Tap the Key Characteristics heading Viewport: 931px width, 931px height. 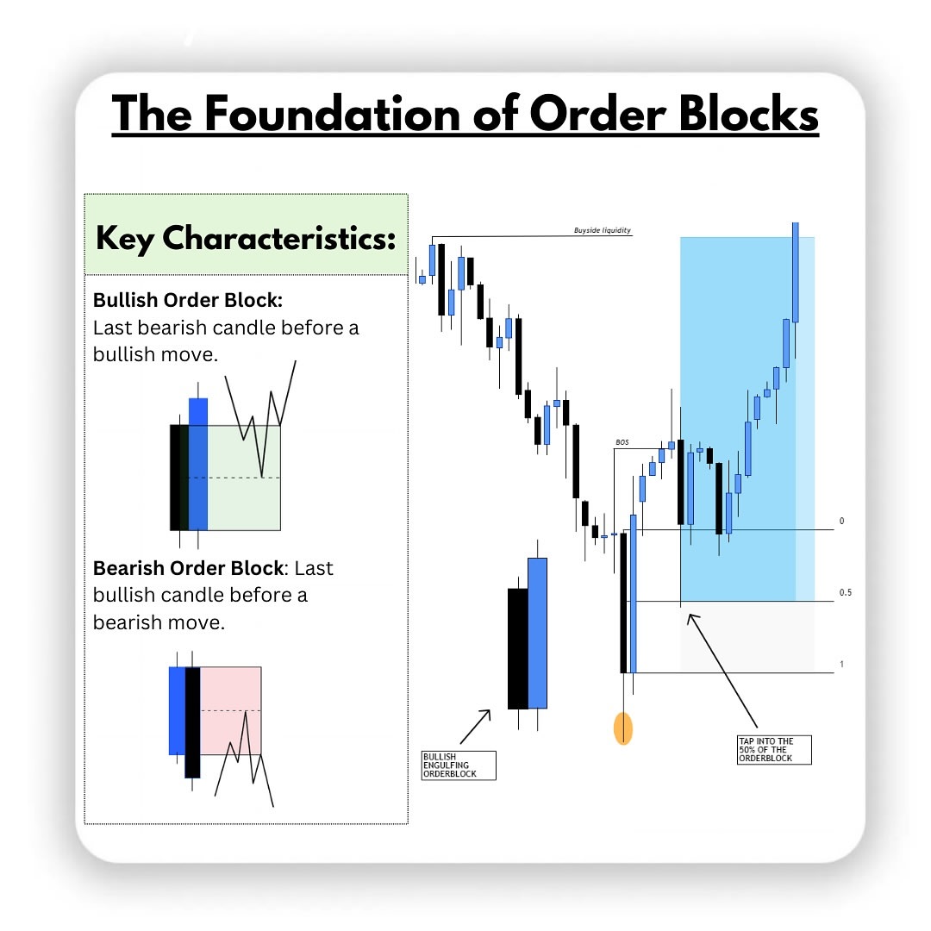point(246,237)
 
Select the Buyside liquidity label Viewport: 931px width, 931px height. point(603,230)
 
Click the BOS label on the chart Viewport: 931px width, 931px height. point(622,442)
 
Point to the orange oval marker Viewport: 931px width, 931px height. point(622,728)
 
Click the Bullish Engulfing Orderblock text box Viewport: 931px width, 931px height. point(459,765)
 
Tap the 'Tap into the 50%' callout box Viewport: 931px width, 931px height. point(775,748)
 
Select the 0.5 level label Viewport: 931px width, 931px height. point(845,593)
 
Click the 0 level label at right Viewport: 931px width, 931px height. point(841,522)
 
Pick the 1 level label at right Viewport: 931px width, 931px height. point(841,665)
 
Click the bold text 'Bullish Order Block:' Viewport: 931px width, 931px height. point(188,301)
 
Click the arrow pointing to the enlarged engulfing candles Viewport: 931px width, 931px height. point(475,726)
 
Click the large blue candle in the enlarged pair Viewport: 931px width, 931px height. point(537,633)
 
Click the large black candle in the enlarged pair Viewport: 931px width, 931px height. point(517,648)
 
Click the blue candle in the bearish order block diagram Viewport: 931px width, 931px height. point(177,709)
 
